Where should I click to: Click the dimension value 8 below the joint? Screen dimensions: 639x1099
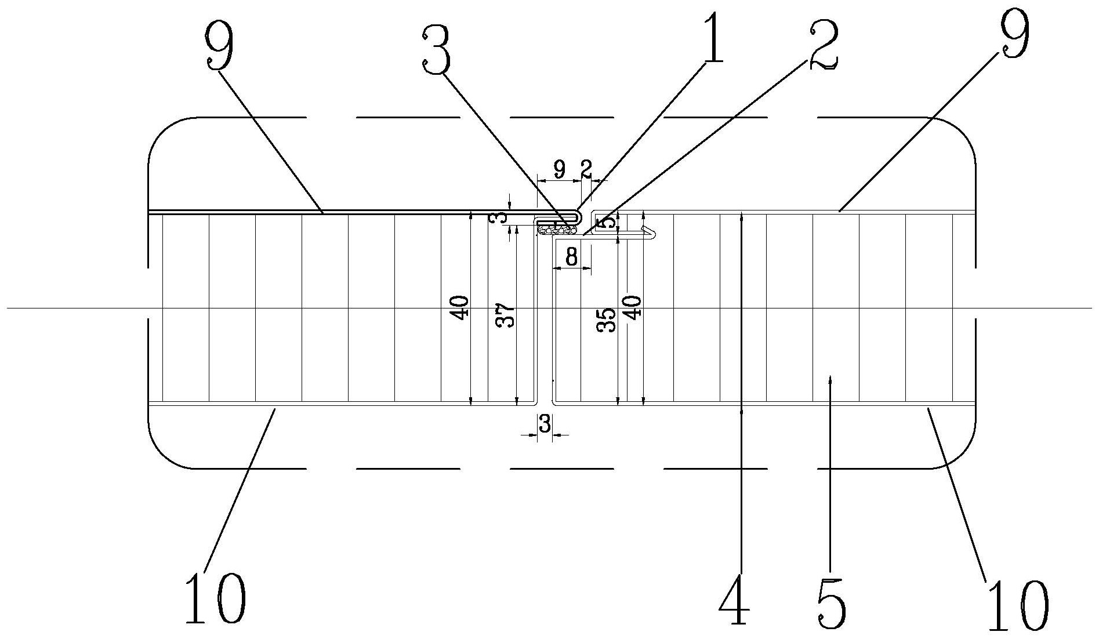tap(572, 257)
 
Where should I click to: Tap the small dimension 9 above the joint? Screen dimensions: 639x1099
tap(559, 169)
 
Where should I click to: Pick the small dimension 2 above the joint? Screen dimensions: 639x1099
tap(586, 169)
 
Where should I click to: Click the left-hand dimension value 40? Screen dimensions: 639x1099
tap(460, 308)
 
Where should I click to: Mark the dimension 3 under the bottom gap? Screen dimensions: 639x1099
tap(545, 424)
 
